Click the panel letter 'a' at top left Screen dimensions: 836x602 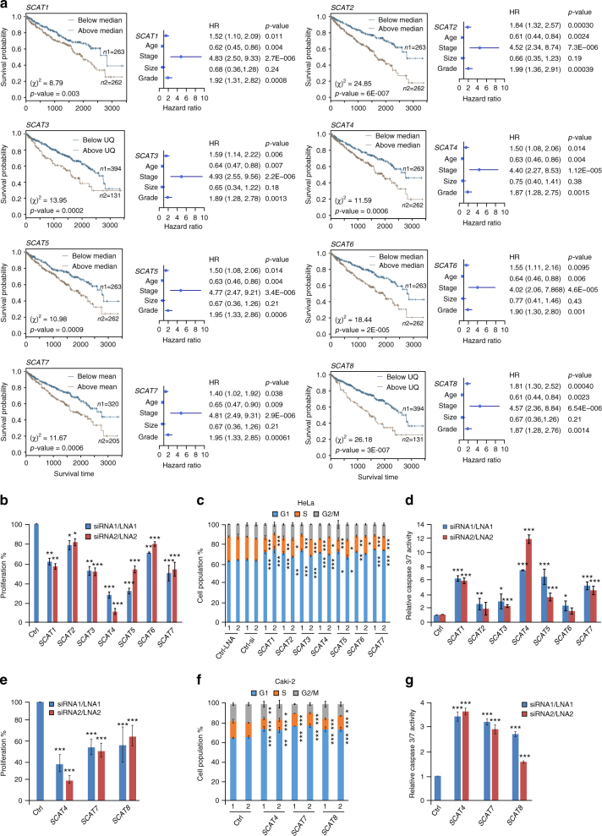(6, 6)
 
